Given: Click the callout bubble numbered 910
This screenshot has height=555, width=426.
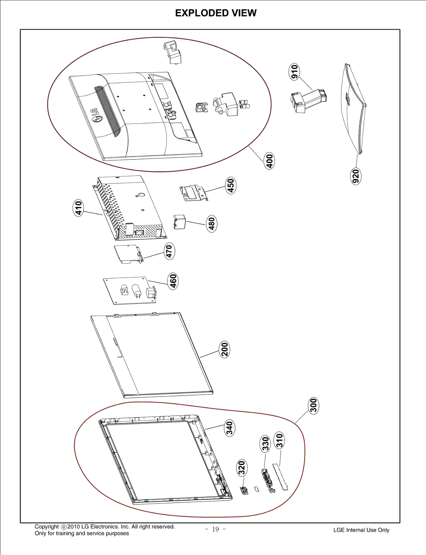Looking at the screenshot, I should tap(294, 72).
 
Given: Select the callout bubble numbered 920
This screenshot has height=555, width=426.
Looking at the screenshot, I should tap(355, 176).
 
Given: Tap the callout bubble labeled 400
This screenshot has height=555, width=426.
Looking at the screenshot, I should tap(269, 161).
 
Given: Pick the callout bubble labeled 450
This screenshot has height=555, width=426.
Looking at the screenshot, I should tap(231, 185).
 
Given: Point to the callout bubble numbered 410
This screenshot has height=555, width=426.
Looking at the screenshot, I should tap(78, 208).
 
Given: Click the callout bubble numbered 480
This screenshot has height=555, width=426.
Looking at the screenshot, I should tap(212, 224).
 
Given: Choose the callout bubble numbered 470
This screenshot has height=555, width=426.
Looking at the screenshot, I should tap(169, 251).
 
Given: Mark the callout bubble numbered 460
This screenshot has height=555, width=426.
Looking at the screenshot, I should tap(173, 281).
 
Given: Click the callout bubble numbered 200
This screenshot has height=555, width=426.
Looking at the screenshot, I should tap(224, 349).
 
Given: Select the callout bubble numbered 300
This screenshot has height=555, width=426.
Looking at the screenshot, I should tap(314, 405).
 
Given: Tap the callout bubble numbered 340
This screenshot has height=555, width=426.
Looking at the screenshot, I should tap(229, 428).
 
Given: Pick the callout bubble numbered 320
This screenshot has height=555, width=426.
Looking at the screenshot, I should tap(241, 468).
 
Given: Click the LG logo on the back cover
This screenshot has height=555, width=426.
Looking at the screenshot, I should tap(96, 115).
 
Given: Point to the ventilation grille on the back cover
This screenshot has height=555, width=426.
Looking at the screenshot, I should tap(108, 111).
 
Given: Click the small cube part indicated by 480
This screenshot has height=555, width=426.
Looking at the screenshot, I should tap(180, 222).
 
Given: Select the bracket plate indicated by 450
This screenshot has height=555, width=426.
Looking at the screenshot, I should tap(193, 193).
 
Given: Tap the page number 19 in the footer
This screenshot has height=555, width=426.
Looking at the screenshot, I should tap(215, 529).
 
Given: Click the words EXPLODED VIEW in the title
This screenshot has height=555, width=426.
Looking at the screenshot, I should tap(216, 13).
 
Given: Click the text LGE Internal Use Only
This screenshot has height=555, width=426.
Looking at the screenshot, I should tap(361, 530).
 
